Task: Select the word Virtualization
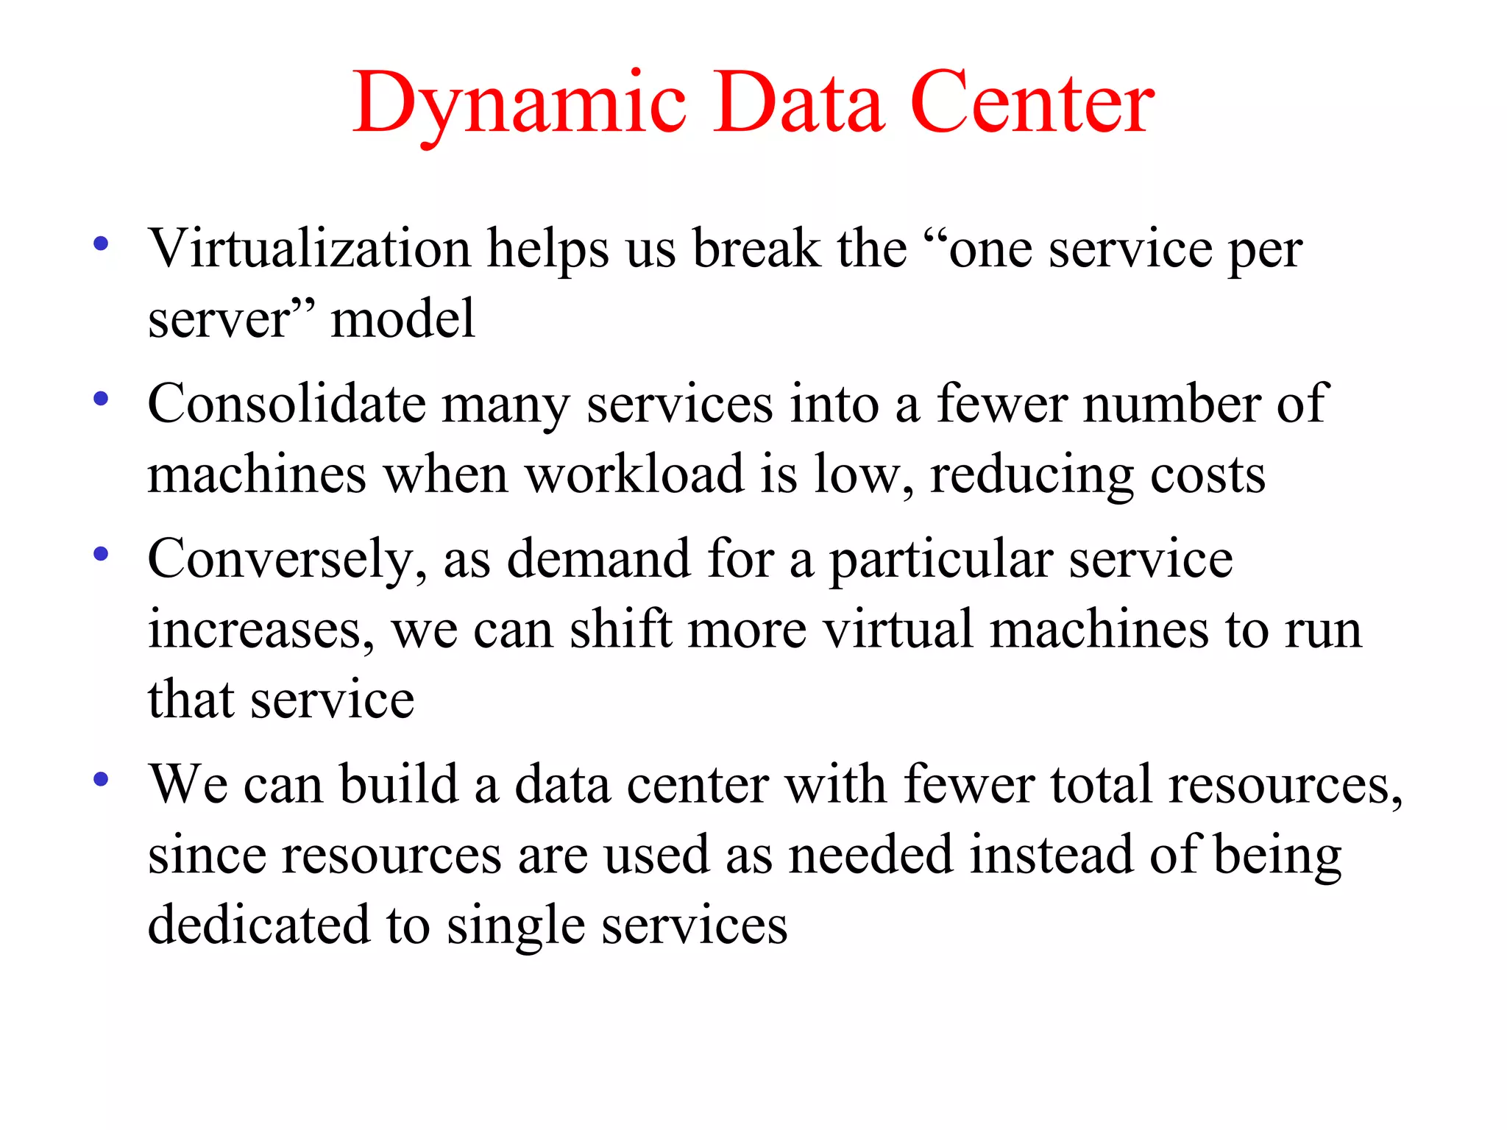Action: click(x=309, y=249)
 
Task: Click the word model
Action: click(x=403, y=319)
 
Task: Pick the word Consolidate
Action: click(x=286, y=404)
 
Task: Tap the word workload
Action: click(x=634, y=474)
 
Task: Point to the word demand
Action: click(x=598, y=559)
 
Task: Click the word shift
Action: click(x=621, y=629)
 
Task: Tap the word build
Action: click(x=398, y=783)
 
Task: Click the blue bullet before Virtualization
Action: click(x=102, y=244)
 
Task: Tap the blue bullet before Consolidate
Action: click(x=102, y=399)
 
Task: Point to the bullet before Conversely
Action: click(x=102, y=554)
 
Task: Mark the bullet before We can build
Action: click(x=102, y=779)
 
